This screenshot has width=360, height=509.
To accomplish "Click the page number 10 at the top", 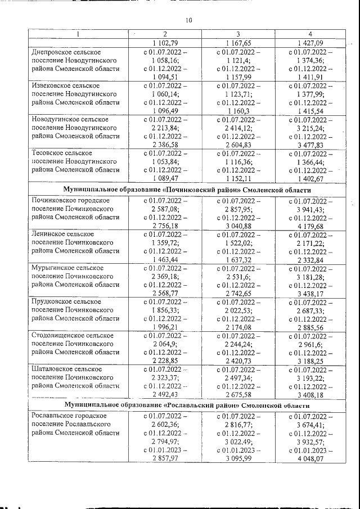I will pyautogui.click(x=188, y=21).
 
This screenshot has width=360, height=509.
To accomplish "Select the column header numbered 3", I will pyautogui.click(x=238, y=34).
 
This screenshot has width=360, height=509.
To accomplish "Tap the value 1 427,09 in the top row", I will pyautogui.click(x=310, y=43).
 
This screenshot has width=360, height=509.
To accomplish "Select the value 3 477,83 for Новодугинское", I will pyautogui.click(x=310, y=145).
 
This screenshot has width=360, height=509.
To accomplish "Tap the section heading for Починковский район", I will pyautogui.click(x=188, y=190).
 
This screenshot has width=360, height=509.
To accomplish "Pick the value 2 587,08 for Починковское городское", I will pyautogui.click(x=165, y=209).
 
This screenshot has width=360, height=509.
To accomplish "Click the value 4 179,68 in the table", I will pyautogui.click(x=310, y=226).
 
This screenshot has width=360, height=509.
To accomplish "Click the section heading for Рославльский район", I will pyautogui.click(x=188, y=404).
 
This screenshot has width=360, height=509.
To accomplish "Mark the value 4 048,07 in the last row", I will pyautogui.click(x=310, y=458).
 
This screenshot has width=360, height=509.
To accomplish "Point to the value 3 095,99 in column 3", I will pyautogui.click(x=238, y=458).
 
